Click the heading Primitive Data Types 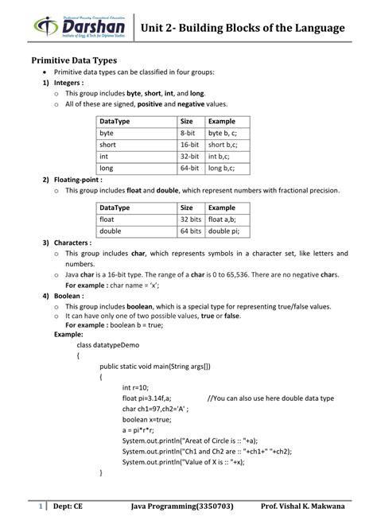74,60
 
